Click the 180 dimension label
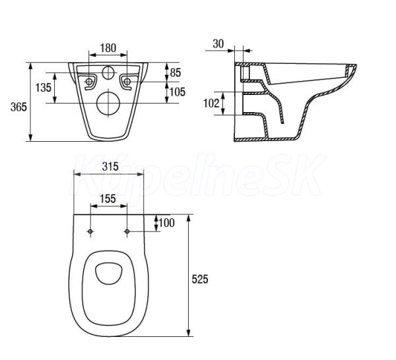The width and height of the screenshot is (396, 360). click(108, 48)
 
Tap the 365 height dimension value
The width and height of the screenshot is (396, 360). click(18, 107)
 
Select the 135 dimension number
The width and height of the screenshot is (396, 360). click(43, 88)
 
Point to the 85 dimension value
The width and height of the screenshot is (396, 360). click(176, 73)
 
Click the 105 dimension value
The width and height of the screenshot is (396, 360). click(178, 92)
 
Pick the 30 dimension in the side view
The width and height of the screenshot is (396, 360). click(218, 44)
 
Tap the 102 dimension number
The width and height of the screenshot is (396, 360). click(211, 103)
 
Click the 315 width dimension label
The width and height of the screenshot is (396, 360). click(110, 167)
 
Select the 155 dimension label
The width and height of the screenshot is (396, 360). click(108, 199)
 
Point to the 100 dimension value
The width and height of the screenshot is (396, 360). click(167, 223)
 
